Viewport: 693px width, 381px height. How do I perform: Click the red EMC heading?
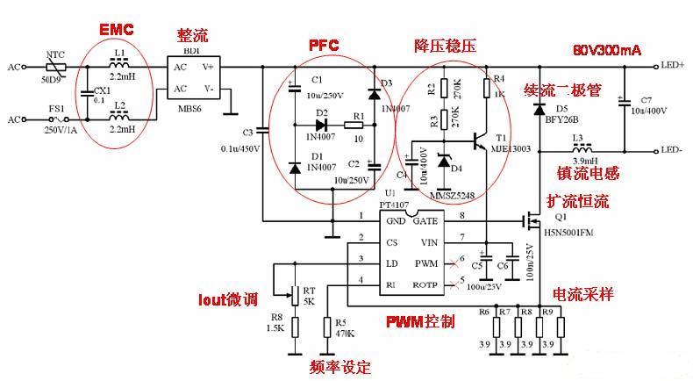[x=116, y=30]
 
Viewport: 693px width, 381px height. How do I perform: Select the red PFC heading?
[x=325, y=44]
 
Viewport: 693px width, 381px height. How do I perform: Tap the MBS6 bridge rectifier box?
[x=196, y=77]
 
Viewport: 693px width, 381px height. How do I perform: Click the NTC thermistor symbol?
[x=56, y=66]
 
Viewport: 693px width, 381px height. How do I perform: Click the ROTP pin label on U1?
[x=425, y=285]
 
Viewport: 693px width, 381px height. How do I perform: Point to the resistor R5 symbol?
[x=327, y=328]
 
